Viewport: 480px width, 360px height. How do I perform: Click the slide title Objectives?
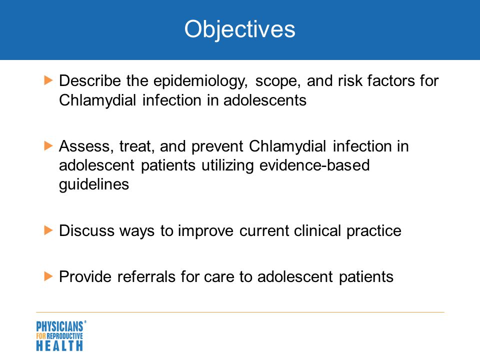pyautogui.click(x=239, y=29)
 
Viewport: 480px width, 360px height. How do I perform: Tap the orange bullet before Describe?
pyautogui.click(x=48, y=80)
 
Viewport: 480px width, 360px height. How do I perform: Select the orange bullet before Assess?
pyautogui.click(x=48, y=145)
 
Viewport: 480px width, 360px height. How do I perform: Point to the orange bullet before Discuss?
pyautogui.click(x=48, y=230)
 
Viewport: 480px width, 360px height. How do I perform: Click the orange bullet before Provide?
pyautogui.click(x=48, y=276)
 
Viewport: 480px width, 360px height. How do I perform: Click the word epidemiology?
pyautogui.click(x=200, y=81)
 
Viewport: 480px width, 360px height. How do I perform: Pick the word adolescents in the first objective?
pyautogui.click(x=265, y=100)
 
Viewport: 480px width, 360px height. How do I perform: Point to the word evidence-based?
pyautogui.click(x=314, y=165)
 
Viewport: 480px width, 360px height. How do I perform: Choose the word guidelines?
pyautogui.click(x=94, y=185)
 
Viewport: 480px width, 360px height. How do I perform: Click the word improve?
pyautogui.click(x=205, y=231)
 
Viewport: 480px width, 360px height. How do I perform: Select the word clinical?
pyautogui.click(x=317, y=230)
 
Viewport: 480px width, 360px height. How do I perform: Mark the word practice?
pyautogui.click(x=374, y=231)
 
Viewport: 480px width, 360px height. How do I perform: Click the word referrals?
pyautogui.click(x=146, y=276)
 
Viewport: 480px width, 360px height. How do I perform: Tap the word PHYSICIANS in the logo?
pyautogui.click(x=59, y=326)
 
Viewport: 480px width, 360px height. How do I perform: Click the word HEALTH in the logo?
pyautogui.click(x=59, y=345)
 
